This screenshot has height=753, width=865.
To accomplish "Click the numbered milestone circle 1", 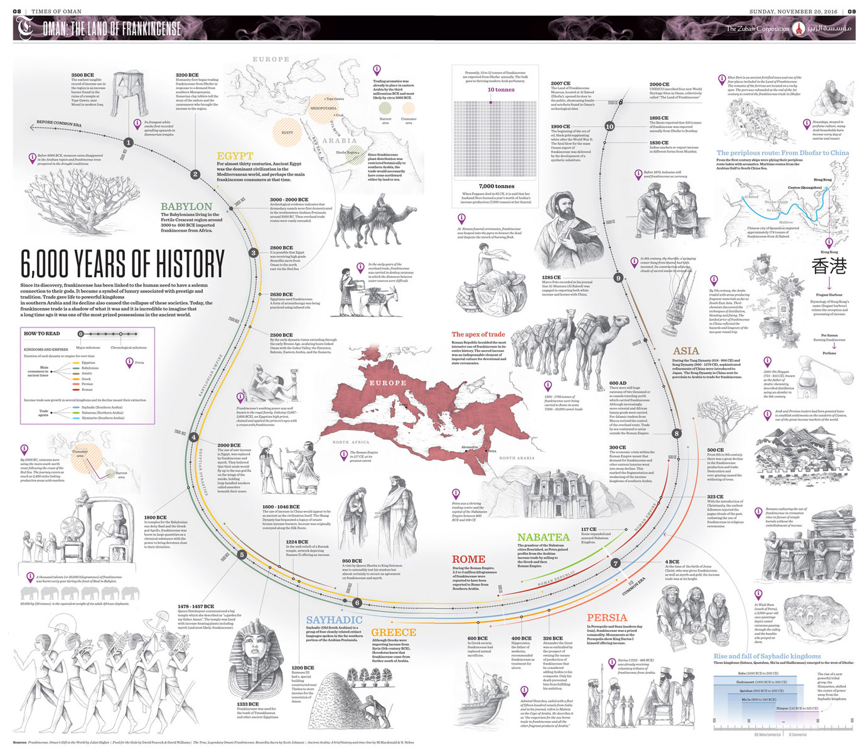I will [128, 142].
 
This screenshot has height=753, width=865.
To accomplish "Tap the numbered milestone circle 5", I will [242, 555].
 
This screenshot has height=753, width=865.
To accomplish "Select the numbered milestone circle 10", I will [609, 126].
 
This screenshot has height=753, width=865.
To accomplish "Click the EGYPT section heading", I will [235, 156].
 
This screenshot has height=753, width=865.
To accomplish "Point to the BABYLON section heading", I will [186, 206].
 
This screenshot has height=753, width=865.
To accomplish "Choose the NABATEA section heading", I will [543, 537].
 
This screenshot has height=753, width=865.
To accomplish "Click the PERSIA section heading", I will [606, 617].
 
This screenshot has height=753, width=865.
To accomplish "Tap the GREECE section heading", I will [393, 633].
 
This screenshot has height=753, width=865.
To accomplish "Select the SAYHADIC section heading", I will [334, 620].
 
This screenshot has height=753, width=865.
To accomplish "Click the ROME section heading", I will [468, 559].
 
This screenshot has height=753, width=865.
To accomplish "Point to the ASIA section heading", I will [685, 351].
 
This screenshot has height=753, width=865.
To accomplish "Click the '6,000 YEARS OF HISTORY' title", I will [122, 264].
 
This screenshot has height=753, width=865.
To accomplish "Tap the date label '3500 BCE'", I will [82, 75].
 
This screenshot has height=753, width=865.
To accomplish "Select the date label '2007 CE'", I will [561, 83].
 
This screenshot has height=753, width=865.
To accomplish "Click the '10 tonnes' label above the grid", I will [501, 90].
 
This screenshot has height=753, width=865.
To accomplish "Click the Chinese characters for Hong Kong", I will [829, 266].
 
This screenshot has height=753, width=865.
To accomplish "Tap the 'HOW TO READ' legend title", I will [41, 333].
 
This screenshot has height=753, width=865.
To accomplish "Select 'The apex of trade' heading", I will [478, 334].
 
